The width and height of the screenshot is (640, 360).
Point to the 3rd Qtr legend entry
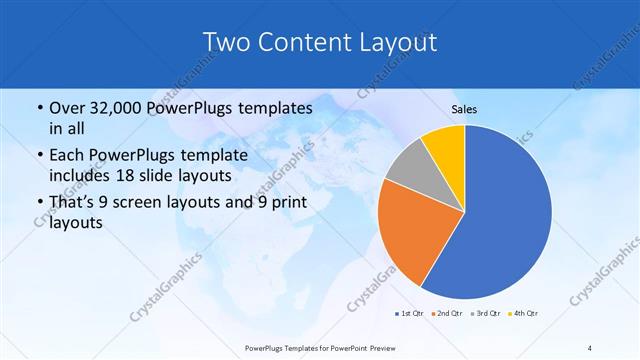pos(486,314)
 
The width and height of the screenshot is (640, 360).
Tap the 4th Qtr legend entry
pos(523,314)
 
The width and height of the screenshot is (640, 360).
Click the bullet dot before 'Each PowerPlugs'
pos(38,156)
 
